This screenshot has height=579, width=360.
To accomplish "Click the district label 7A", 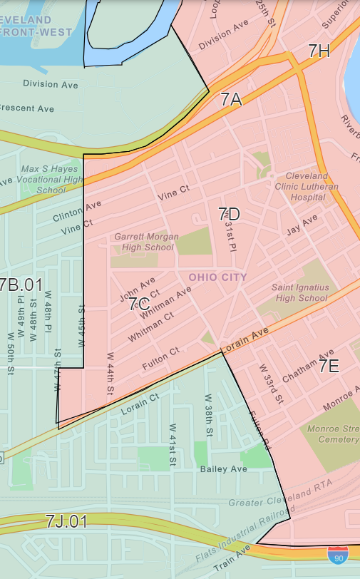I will coord(231,100).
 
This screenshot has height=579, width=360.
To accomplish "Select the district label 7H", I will coord(319,51).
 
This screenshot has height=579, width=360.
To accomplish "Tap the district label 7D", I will coord(229,214).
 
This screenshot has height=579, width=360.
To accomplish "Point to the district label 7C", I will coord(140,305).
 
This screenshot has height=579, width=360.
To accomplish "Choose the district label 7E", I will coord(329,367).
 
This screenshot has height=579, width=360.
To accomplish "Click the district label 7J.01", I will coord(66,522).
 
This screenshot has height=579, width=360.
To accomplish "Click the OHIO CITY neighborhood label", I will coord(217,277).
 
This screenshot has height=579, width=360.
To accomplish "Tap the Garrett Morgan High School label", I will coord(144,242).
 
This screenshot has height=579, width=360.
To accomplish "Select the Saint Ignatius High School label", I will coord(299,292).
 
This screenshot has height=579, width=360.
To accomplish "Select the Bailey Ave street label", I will coord(223,468).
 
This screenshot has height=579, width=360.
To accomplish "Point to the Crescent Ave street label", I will coord(26,109).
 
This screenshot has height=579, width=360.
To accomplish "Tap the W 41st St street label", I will coord(173,446).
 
